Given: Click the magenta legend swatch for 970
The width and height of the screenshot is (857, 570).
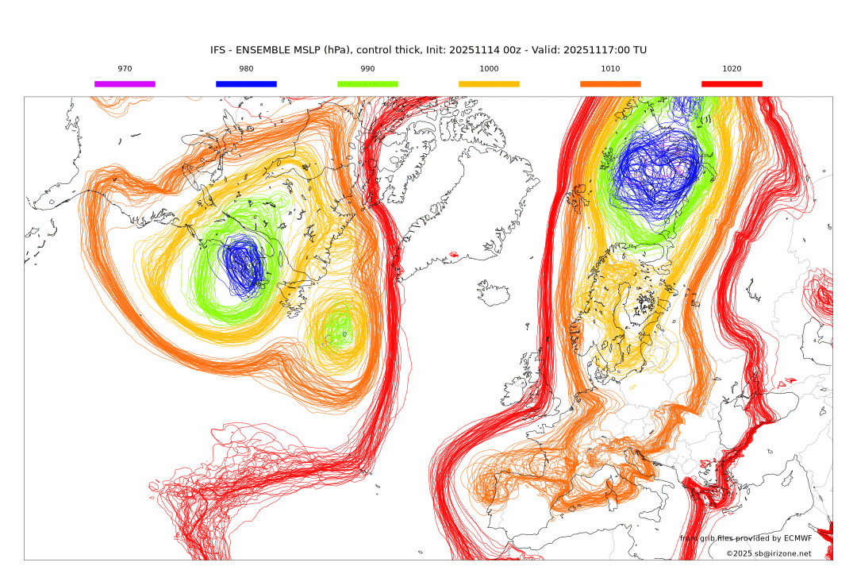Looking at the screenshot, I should (125, 83).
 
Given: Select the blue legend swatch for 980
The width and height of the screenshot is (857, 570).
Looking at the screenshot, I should (246, 83).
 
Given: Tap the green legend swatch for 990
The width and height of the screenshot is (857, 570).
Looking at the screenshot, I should (367, 83).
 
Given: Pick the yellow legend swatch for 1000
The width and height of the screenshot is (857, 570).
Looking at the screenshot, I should (489, 83).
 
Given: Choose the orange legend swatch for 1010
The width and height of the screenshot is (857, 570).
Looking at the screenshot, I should (610, 83).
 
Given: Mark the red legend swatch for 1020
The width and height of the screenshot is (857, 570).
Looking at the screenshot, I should (732, 83).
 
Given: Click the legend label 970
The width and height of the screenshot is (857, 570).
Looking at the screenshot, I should (125, 69).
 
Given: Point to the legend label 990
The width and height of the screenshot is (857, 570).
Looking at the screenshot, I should (367, 69).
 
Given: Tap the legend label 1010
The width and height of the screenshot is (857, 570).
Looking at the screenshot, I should (610, 69).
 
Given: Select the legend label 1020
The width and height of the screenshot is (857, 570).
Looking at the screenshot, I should (732, 69).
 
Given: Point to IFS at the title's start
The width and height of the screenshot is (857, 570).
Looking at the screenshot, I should (218, 50).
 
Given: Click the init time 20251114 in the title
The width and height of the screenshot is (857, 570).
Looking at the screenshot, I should (475, 50).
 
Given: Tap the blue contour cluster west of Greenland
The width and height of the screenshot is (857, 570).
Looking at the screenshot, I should (242, 267).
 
